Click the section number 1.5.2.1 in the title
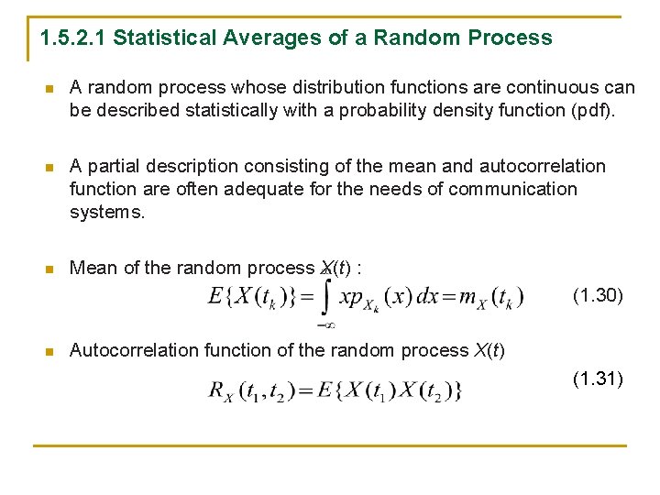73,38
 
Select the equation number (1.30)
598,295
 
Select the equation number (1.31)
598,378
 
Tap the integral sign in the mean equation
324,295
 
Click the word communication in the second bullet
521,189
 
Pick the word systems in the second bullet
107,212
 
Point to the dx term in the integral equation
427,296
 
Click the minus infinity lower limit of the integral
324,324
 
